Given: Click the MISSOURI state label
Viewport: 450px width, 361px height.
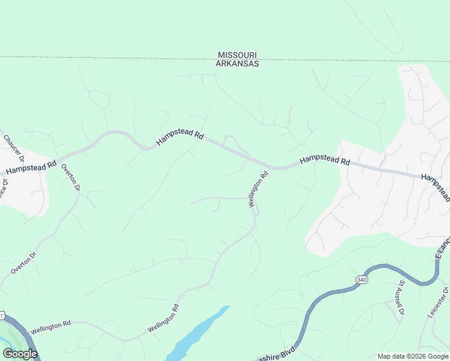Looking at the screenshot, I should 238,55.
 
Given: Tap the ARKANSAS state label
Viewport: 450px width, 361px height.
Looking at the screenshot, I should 238,63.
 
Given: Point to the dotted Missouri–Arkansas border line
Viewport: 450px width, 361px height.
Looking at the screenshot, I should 120,58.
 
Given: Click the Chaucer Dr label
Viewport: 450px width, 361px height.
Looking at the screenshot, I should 13,148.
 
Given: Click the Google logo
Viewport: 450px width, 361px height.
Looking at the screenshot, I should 20,354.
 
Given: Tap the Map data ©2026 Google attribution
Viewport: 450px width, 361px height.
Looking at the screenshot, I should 413,356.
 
